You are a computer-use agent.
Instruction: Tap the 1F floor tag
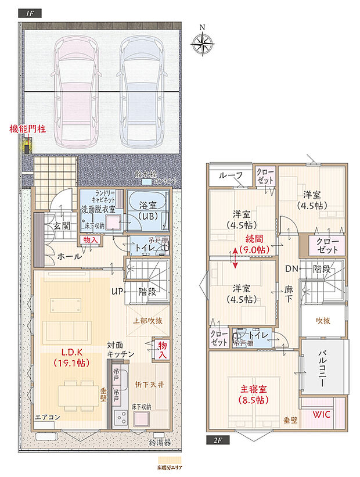(x=30, y=13)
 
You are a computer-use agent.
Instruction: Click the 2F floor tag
(x=218, y=440)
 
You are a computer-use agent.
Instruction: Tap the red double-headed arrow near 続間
(x=235, y=257)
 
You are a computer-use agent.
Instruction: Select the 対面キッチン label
(x=121, y=349)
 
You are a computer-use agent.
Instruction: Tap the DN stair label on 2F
(x=292, y=268)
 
